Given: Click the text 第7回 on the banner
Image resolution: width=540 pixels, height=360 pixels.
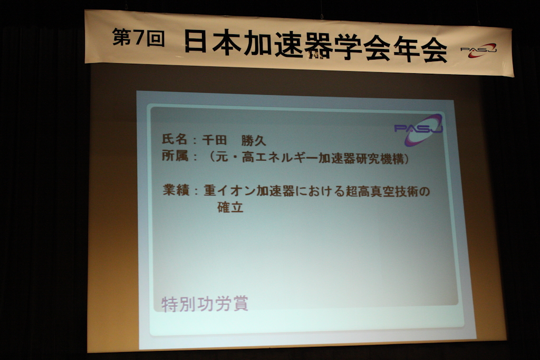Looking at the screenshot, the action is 138,38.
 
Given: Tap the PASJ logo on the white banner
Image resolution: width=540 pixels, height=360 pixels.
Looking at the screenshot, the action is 479,51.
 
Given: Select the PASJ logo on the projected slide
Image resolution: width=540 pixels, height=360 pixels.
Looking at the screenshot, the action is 419,130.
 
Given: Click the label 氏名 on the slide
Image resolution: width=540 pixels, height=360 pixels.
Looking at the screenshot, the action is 175,139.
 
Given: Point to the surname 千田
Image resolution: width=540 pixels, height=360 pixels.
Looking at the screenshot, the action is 214,140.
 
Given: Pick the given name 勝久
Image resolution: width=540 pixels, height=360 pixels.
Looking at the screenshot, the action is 254,140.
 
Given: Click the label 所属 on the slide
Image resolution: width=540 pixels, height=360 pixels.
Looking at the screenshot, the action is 175,156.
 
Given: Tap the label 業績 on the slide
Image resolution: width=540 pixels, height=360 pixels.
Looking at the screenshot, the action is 176,190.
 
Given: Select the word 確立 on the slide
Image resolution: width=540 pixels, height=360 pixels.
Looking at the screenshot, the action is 230,207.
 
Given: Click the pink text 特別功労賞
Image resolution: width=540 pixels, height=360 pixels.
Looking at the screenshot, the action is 205,304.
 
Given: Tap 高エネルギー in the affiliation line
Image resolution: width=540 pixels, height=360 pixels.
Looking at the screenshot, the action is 280,158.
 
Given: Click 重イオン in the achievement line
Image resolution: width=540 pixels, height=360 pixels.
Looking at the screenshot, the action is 229,190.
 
